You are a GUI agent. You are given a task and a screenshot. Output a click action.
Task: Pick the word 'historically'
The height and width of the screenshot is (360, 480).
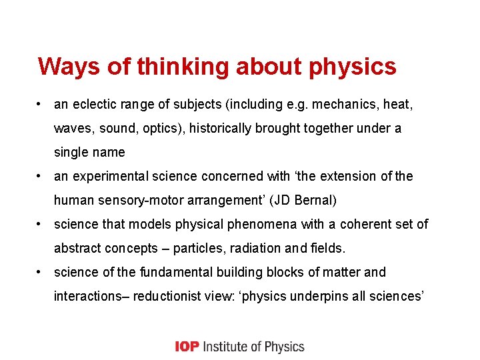[222, 128]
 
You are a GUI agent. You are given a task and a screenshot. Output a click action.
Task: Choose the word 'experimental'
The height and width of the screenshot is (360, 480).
[106, 176]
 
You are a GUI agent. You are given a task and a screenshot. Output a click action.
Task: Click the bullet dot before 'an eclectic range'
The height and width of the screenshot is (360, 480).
[41, 104]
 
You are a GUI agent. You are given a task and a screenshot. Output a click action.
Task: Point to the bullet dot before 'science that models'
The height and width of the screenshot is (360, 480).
[41, 224]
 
